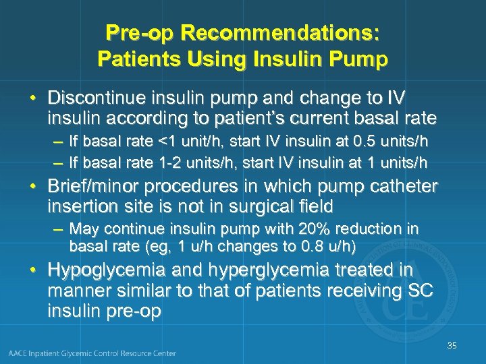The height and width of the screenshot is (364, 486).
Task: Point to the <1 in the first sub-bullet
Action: click(x=165, y=142)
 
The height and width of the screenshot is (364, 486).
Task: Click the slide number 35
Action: click(x=452, y=346)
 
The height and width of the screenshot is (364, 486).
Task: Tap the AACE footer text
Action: click(x=92, y=353)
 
